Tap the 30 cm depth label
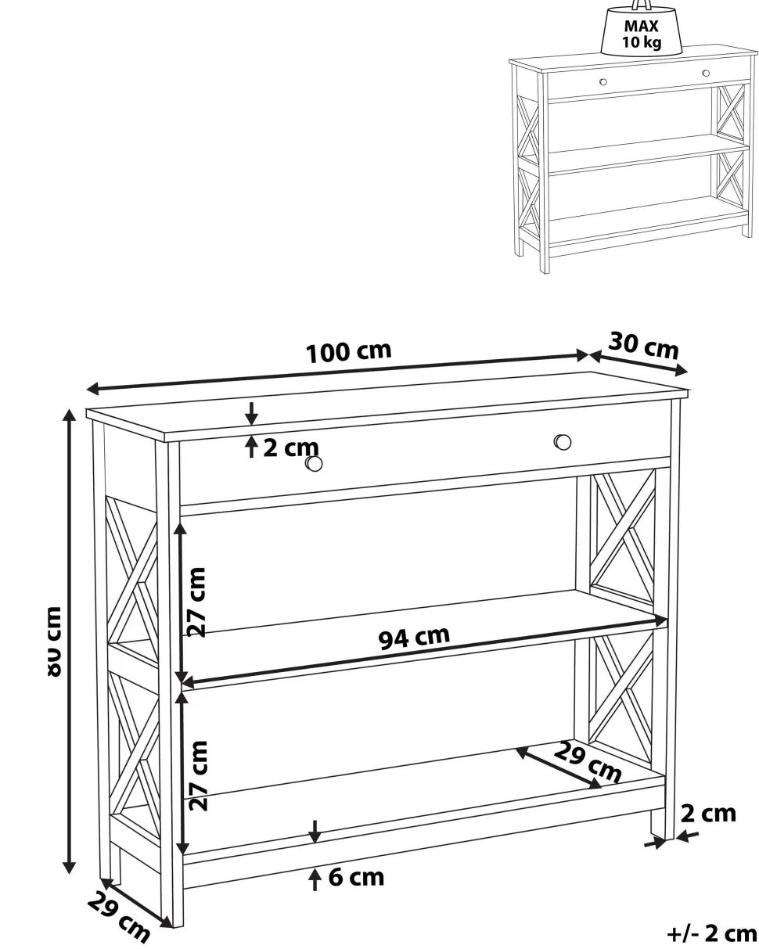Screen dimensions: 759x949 [x=643, y=345]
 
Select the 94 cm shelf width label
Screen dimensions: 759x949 [x=414, y=637]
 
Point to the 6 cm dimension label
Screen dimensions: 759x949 [x=356, y=877]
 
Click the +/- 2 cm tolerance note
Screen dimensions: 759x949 [x=712, y=933]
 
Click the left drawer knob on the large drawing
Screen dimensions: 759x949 [x=314, y=463]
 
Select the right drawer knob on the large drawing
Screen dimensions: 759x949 [x=563, y=442]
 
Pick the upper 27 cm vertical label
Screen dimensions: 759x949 [x=196, y=602]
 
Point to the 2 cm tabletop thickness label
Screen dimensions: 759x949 [x=290, y=448]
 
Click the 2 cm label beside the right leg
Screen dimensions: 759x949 [x=708, y=814]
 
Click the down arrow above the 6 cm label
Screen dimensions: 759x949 [x=315, y=832]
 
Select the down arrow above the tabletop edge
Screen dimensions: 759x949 [x=251, y=414]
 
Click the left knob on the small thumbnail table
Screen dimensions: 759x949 [x=603, y=81]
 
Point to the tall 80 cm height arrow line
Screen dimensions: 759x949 [x=69, y=640]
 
